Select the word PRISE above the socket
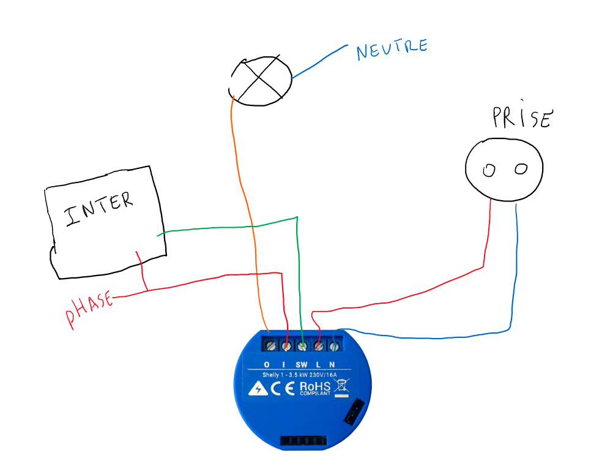[x=522, y=118]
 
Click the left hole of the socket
[x=488, y=171]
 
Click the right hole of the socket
[x=521, y=169]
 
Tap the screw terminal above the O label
[x=271, y=347]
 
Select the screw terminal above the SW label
[x=303, y=347]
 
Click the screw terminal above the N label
[x=334, y=347]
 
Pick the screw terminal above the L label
[x=319, y=347]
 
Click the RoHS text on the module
[x=314, y=387]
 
